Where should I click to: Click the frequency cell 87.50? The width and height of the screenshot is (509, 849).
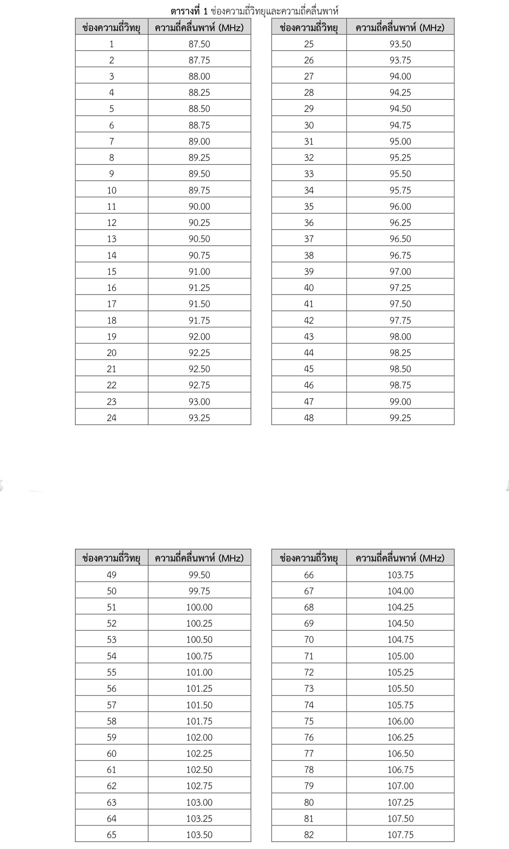click(199, 44)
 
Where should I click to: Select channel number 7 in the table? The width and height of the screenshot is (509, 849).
click(111, 141)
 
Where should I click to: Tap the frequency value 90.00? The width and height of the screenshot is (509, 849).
click(199, 206)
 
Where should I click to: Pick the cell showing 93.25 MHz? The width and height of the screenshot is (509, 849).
click(199, 418)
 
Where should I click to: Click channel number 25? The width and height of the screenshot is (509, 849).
click(309, 44)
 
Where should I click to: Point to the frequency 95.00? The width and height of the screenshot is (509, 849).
click(400, 141)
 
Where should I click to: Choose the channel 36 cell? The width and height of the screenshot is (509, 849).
click(309, 222)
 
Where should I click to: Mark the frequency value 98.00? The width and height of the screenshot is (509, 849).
click(400, 336)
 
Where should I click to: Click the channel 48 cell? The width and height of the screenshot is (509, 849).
click(309, 418)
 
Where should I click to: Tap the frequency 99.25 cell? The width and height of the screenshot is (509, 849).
click(400, 418)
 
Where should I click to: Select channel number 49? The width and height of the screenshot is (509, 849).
click(111, 575)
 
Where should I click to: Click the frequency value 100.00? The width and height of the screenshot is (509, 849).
click(199, 607)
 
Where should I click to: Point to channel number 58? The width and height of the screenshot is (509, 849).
click(111, 721)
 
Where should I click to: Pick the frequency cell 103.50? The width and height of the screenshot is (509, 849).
click(199, 835)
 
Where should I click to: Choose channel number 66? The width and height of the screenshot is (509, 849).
click(309, 575)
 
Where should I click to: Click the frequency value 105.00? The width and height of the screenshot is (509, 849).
click(400, 656)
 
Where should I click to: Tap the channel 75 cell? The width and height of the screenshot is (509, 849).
click(309, 721)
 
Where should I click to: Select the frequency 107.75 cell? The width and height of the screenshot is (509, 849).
click(400, 835)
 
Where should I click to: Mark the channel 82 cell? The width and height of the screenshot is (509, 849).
click(309, 835)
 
